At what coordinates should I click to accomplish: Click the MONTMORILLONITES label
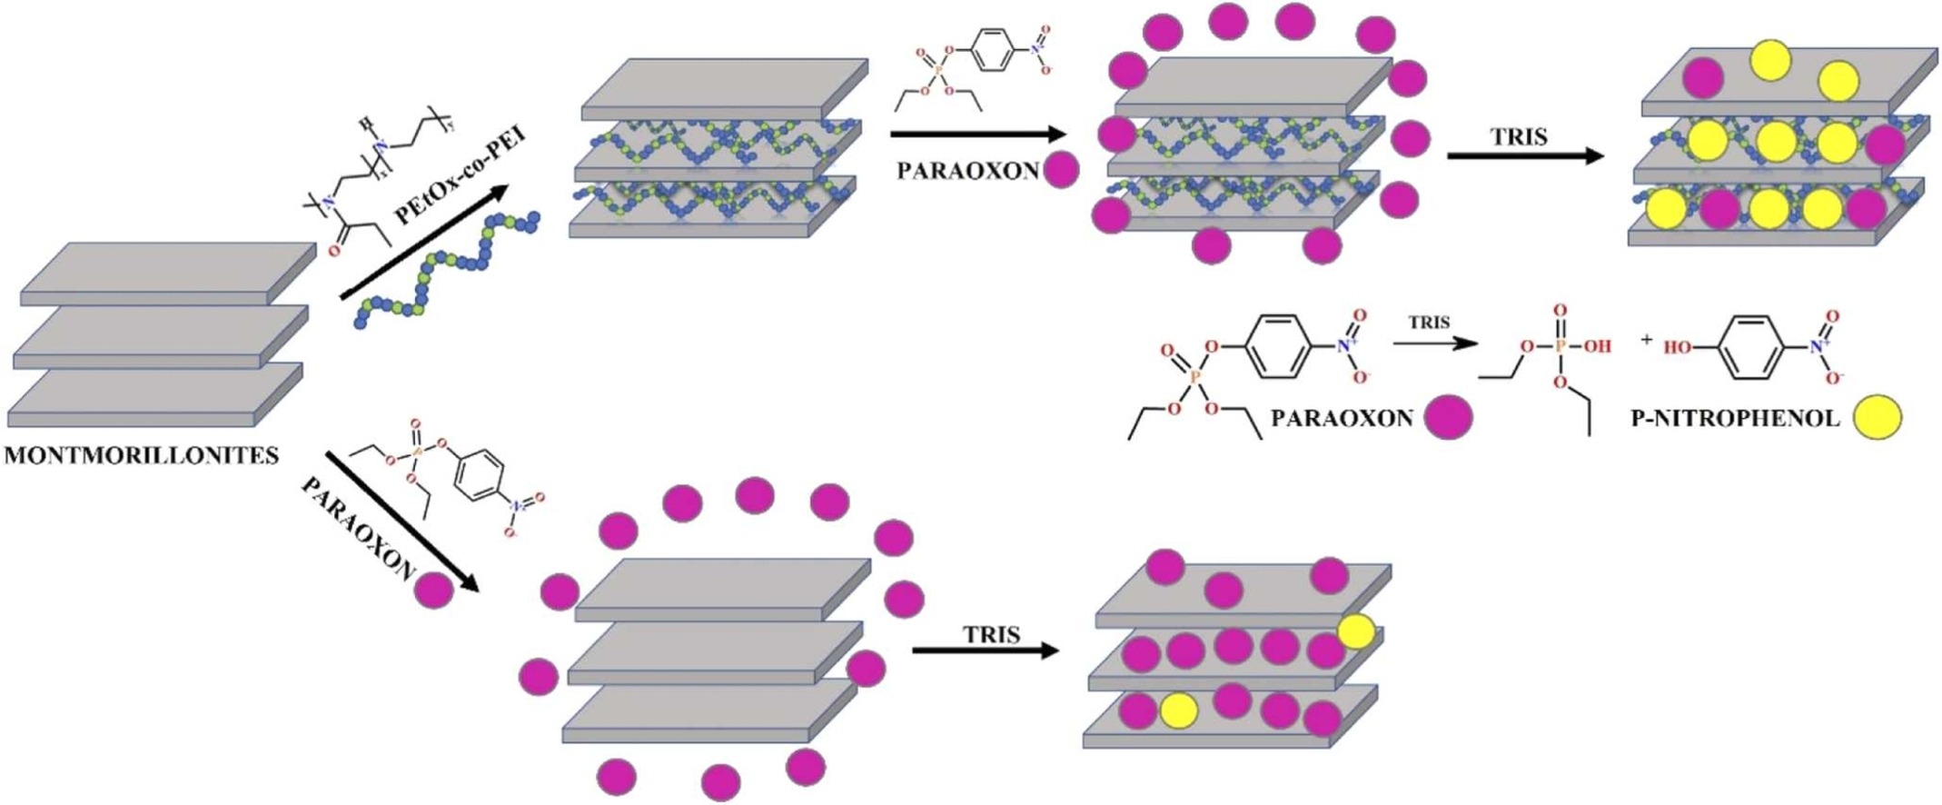[x=142, y=455]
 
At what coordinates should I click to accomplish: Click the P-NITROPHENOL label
[x=1735, y=419]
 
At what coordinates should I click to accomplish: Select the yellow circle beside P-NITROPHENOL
[x=1877, y=419]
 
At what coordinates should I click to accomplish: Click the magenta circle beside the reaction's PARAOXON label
[x=1448, y=419]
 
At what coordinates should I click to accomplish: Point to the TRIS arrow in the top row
[x=1526, y=156]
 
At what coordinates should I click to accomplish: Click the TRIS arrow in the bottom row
[x=986, y=651]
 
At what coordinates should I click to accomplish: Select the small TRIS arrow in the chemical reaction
[x=1435, y=343]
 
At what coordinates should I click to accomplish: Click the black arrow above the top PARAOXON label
[x=977, y=135]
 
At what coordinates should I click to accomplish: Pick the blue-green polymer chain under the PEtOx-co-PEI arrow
[x=445, y=269]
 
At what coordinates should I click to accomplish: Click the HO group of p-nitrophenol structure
[x=1678, y=347]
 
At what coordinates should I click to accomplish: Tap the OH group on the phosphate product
[x=1597, y=346]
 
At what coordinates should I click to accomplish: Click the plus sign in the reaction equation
[x=1647, y=340]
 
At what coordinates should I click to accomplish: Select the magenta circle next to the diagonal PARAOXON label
[x=433, y=591]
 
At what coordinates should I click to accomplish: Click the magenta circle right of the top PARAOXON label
[x=1061, y=170]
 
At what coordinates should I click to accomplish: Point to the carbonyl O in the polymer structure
[x=333, y=249]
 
